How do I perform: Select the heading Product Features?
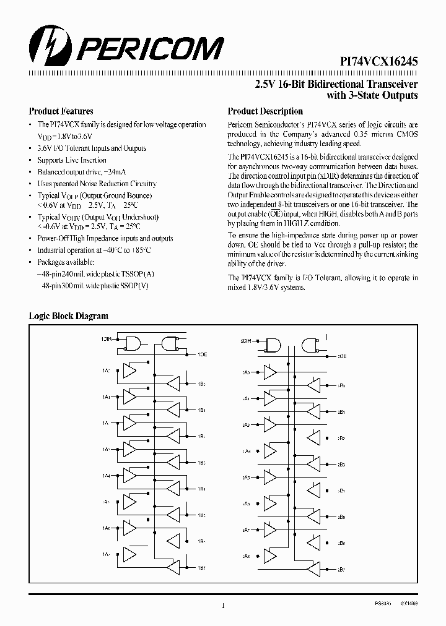click(x=61, y=111)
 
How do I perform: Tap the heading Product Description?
click(x=265, y=111)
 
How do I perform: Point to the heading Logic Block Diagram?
click(x=69, y=315)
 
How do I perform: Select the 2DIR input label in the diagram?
click(x=245, y=341)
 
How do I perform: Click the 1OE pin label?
click(x=202, y=354)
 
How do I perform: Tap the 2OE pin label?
click(x=342, y=356)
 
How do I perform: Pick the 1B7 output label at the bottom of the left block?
click(x=202, y=568)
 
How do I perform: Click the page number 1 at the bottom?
click(x=223, y=606)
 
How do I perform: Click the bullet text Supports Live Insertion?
click(x=72, y=160)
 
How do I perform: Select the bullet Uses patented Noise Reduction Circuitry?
click(x=97, y=184)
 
